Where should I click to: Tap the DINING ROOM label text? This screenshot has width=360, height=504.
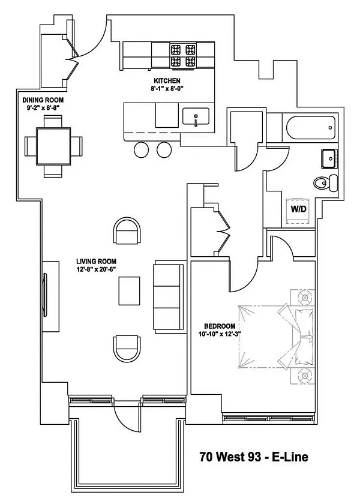[x=43, y=100]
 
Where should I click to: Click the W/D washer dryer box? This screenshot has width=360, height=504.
[x=298, y=210]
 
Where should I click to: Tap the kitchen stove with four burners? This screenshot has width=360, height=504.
[x=184, y=55]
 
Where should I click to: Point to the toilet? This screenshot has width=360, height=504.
[x=325, y=183]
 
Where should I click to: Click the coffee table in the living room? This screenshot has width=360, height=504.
[x=130, y=292]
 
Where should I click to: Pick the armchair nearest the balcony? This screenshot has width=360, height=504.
[x=128, y=349]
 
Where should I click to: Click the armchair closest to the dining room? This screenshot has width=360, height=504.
[x=128, y=230]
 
